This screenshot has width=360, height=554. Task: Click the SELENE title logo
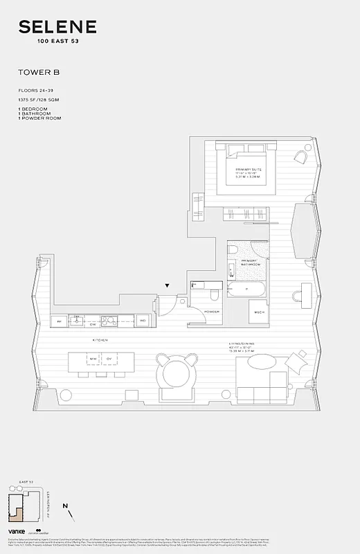pos(57,28)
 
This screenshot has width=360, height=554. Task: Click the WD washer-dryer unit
pos(142,321)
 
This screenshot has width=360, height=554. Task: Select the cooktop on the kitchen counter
pos(109,321)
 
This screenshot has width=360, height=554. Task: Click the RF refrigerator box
pos(60,321)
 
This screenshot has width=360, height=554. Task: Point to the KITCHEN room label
pos(100,341)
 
